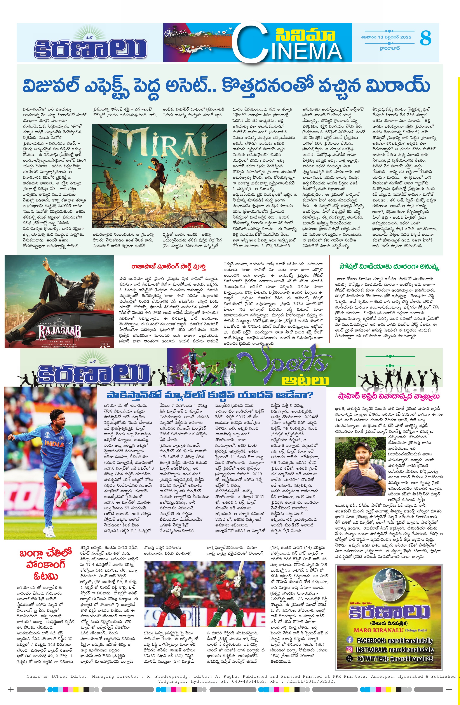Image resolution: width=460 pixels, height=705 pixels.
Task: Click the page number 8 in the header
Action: click(425, 38)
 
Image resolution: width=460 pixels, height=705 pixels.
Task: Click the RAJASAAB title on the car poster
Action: click(59, 332)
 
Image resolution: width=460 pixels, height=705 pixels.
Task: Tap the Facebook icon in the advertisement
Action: click(350, 640)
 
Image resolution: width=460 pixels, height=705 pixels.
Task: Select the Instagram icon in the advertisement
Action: click(350, 649)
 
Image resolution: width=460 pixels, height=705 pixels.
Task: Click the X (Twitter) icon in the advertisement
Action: click(350, 658)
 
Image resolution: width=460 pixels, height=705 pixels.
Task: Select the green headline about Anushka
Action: click(389, 267)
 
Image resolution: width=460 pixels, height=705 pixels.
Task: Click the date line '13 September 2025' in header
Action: click(386, 37)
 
